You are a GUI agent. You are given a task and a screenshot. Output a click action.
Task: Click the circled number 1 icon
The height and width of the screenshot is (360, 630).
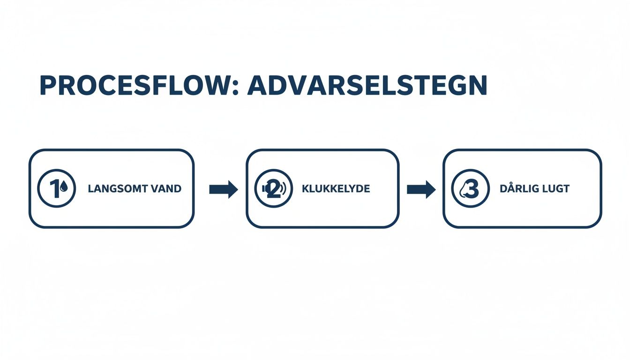coord(56,188)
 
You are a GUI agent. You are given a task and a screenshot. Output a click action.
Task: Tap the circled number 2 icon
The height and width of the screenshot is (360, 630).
coord(273,188)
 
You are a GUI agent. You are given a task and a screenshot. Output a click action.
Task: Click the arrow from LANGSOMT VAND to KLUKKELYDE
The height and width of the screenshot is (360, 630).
coord(224,189)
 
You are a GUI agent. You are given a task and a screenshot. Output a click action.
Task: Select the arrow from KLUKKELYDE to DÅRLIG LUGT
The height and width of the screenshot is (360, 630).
coord(421,189)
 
